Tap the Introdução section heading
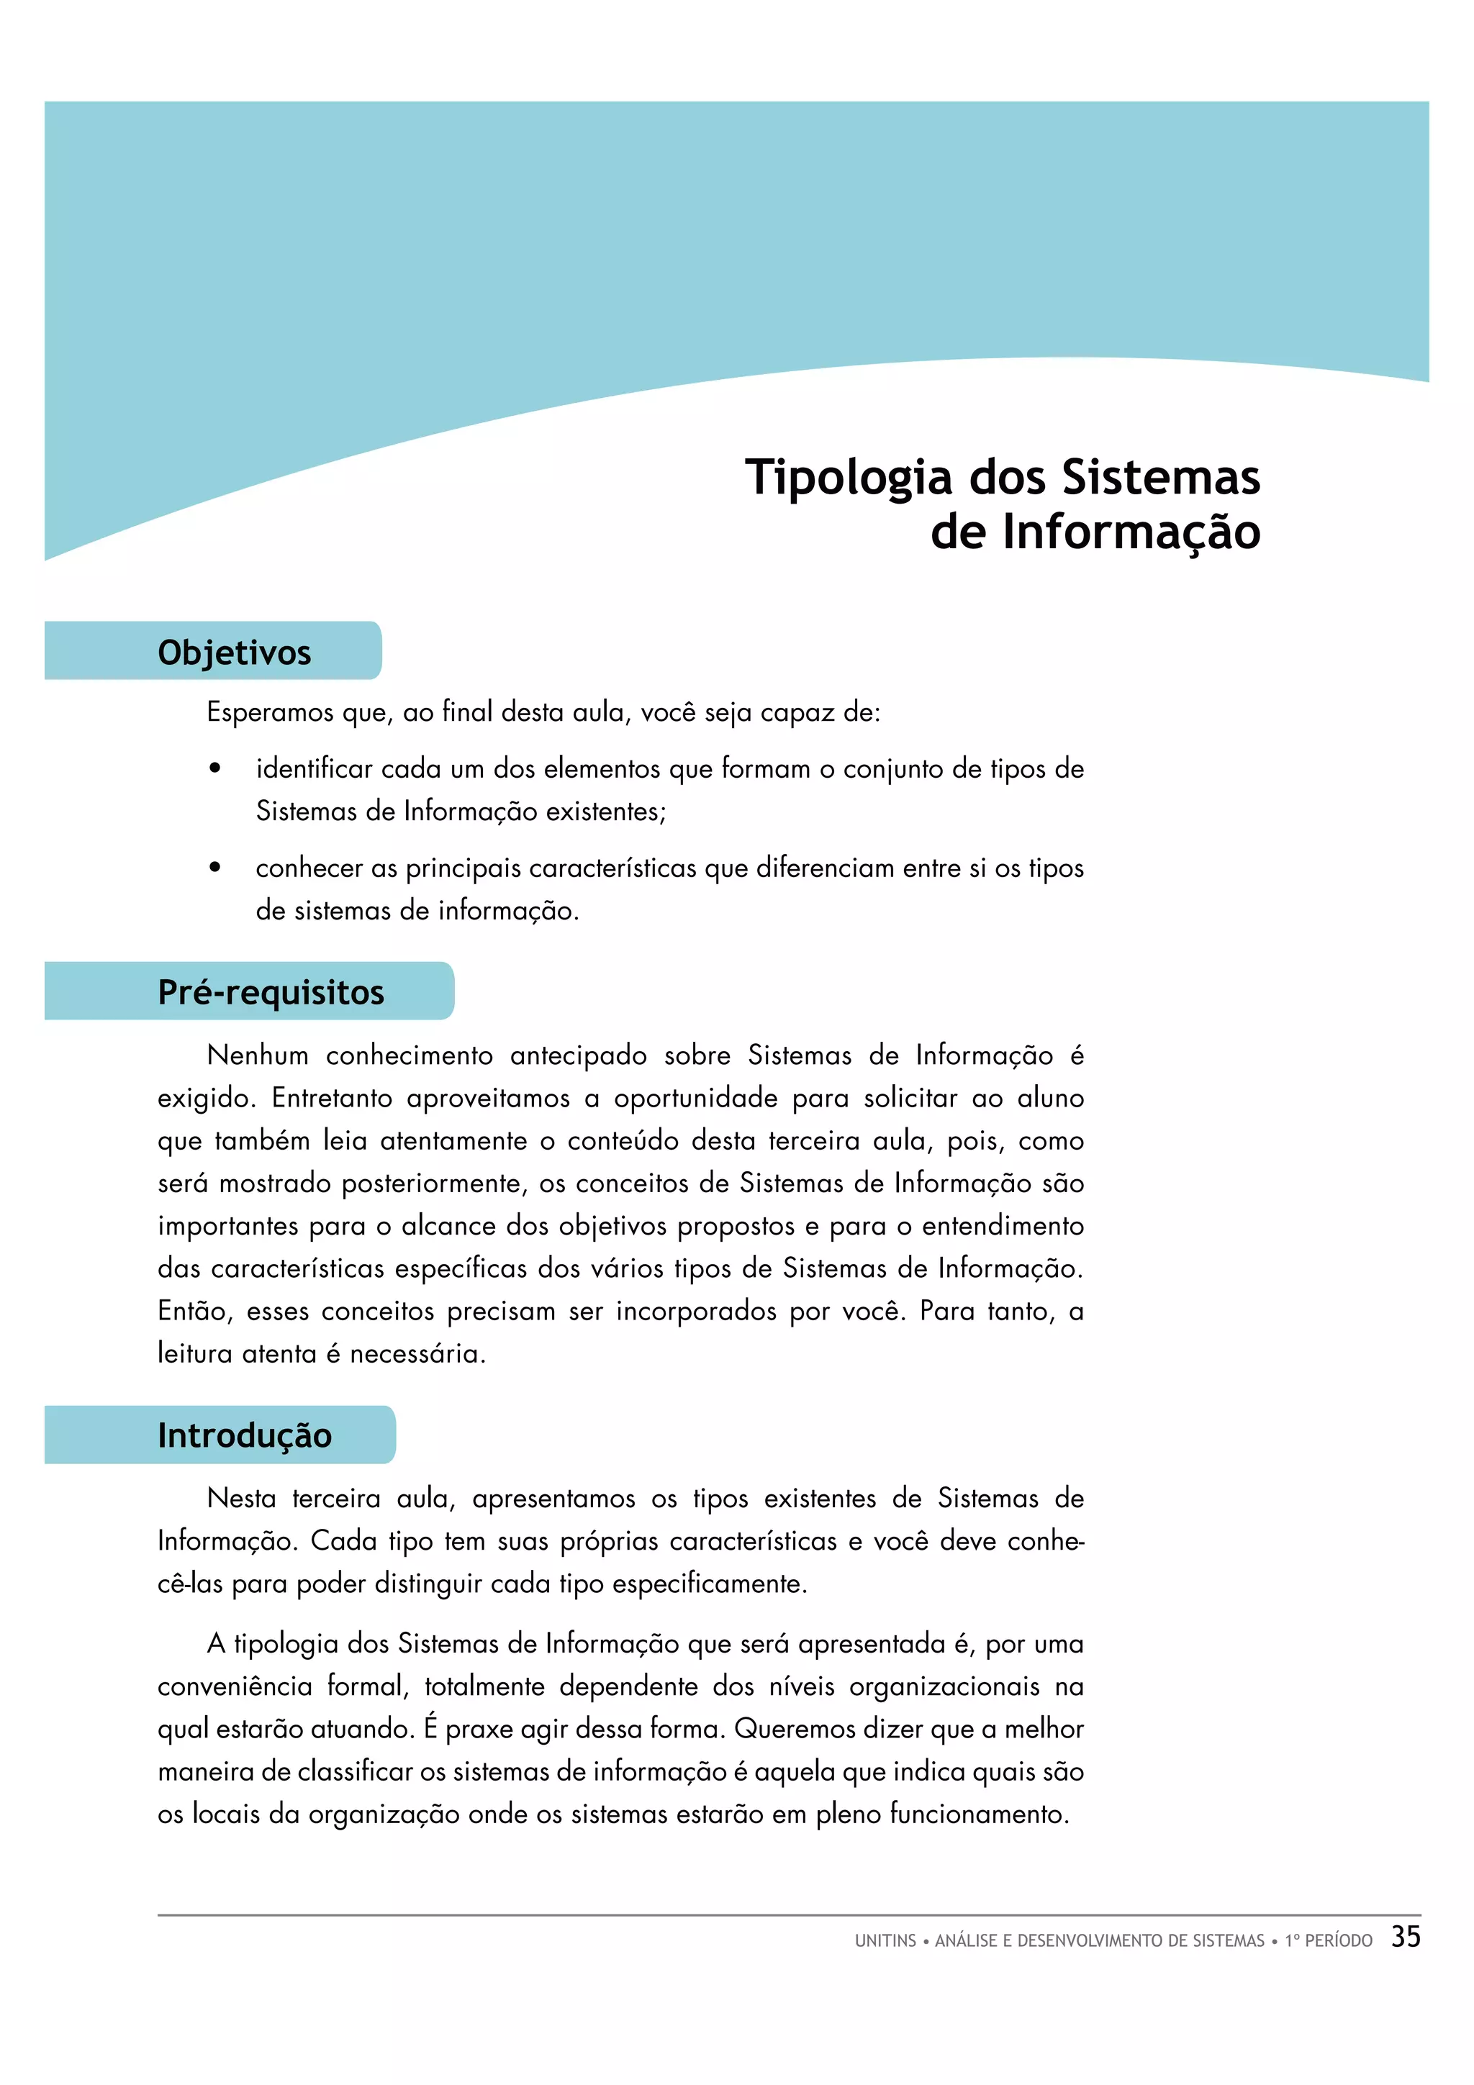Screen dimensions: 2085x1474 click(244, 1436)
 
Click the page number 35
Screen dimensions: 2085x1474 click(1405, 1937)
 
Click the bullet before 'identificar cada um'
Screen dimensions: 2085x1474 click(215, 769)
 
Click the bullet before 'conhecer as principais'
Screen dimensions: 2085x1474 click(215, 868)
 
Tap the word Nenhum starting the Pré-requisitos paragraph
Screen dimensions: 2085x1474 click(258, 1055)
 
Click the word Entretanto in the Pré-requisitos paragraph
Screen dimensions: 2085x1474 click(330, 1098)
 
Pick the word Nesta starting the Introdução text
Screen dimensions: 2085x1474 click(240, 1499)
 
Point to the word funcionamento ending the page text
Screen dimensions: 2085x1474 click(978, 1814)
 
